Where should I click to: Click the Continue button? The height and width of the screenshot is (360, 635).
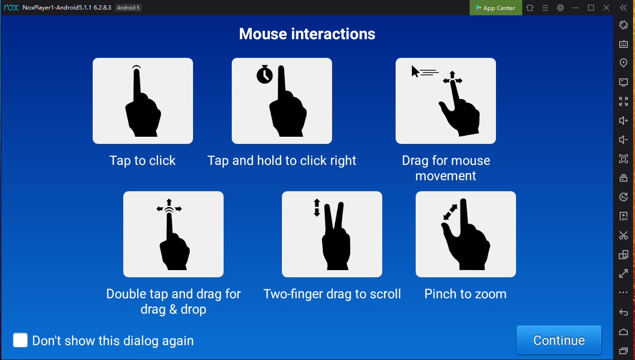click(559, 340)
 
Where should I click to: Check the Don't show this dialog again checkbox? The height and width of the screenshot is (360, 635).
click(20, 340)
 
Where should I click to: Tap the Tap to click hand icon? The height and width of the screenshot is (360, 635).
click(142, 101)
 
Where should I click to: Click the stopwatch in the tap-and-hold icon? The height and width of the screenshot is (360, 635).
click(265, 74)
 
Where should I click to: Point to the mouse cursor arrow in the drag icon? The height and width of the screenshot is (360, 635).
click(415, 71)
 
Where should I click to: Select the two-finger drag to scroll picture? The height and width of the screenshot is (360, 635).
click(332, 234)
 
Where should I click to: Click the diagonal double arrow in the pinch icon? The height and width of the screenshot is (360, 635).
click(450, 212)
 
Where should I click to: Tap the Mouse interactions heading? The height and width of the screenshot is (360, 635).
click(307, 34)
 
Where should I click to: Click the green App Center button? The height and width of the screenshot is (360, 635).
click(496, 8)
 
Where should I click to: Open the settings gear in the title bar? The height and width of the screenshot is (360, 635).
click(560, 8)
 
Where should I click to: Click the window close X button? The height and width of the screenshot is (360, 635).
click(606, 8)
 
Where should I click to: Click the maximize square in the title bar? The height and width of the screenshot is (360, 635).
click(591, 8)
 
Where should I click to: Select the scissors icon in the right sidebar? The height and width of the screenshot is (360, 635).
click(624, 235)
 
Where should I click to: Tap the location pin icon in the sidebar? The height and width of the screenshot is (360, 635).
click(624, 63)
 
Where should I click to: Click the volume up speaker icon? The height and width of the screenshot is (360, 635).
click(624, 120)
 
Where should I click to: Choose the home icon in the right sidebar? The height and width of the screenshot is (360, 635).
click(624, 332)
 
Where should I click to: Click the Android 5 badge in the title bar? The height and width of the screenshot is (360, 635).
click(129, 8)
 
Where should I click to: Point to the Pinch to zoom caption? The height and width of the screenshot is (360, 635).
click(465, 294)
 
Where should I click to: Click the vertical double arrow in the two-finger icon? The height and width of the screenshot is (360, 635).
click(317, 207)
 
